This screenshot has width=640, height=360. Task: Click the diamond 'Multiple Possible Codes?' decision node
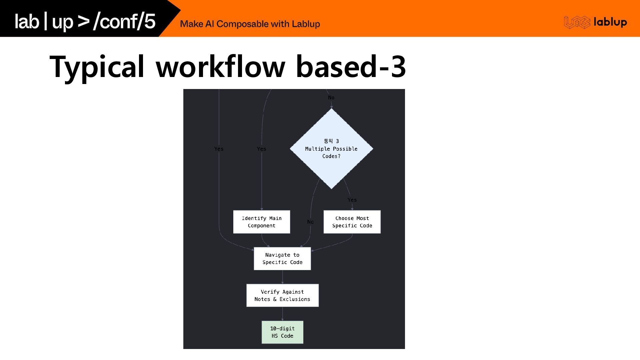pos(331,149)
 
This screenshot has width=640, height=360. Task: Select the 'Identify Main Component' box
pos(262,222)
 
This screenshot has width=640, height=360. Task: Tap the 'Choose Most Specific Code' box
pos(352,222)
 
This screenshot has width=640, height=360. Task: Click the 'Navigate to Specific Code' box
pos(282,259)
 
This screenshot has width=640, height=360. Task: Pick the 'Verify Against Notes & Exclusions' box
pos(282,295)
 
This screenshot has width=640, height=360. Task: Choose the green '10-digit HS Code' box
pos(282,332)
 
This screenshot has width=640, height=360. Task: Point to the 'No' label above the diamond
pos(331,98)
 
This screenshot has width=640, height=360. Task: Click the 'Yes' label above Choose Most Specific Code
pos(352,200)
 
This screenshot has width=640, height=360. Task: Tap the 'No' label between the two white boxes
pos(310,222)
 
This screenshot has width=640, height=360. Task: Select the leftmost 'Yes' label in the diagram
pos(219,149)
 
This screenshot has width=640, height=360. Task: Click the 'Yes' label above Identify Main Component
pos(262,149)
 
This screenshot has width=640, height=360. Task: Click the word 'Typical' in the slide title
pos(97,67)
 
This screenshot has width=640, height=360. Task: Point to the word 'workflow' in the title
pos(220,67)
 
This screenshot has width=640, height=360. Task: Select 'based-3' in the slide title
pos(351,67)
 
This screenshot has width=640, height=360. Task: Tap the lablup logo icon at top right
pos(577,22)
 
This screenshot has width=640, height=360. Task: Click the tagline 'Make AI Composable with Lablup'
pos(250,24)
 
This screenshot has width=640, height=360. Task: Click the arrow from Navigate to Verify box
pos(282,277)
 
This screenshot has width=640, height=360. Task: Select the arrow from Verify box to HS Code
pos(282,314)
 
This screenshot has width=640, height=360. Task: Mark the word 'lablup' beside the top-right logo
pos(610,22)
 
